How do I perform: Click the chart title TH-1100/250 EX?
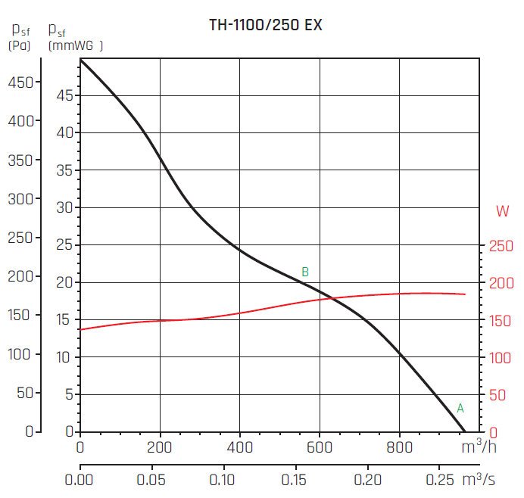click(x=265, y=25)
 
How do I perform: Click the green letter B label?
click(x=305, y=272)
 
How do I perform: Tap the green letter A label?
click(x=460, y=408)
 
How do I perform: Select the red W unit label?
click(x=502, y=212)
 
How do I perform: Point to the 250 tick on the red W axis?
click(x=501, y=246)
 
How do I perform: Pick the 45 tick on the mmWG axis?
click(x=66, y=96)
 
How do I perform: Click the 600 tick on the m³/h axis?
click(x=320, y=447)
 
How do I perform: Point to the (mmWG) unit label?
click(x=75, y=45)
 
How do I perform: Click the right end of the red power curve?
click(x=465, y=294)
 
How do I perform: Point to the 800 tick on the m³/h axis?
click(x=400, y=447)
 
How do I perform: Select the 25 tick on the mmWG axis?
click(x=66, y=245)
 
